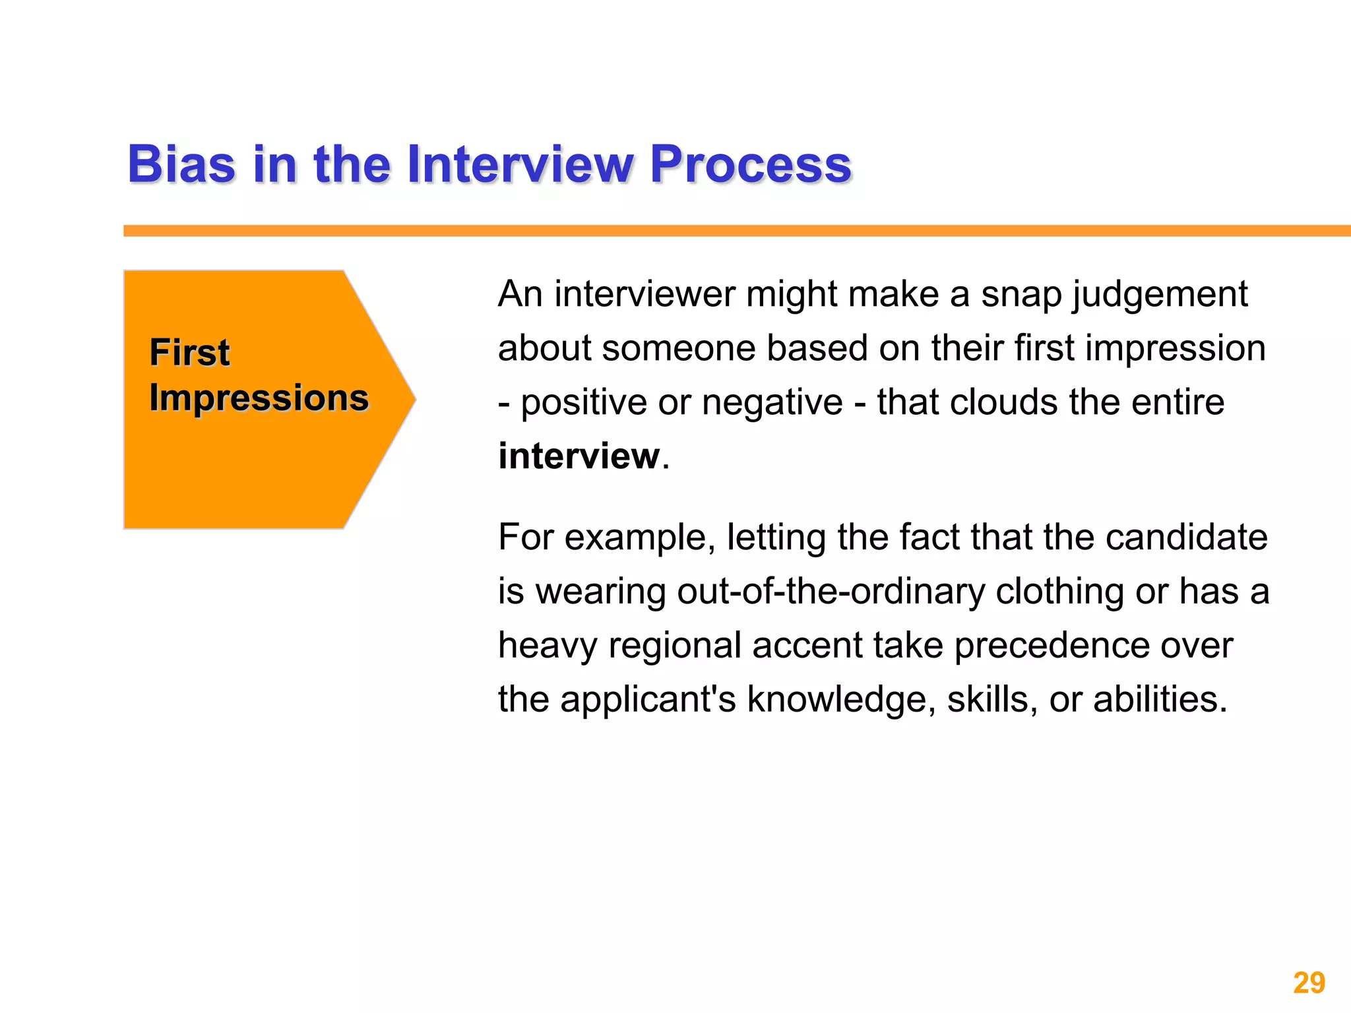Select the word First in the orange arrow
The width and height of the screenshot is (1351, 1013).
(189, 352)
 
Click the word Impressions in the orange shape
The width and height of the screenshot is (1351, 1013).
(259, 398)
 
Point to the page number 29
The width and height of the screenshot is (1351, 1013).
(1309, 983)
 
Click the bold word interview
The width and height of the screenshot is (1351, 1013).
(579, 456)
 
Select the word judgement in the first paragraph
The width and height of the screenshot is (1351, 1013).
(1160, 294)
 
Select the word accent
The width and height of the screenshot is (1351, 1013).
(807, 645)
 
